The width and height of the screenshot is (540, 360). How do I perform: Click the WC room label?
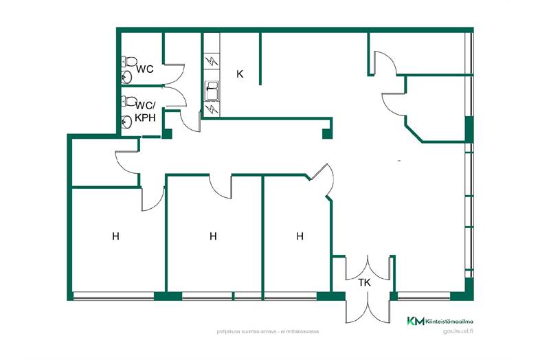pos(145,69)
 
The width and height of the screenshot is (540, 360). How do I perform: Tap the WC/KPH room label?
pos(146,111)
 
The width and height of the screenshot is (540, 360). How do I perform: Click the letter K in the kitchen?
pos(240,74)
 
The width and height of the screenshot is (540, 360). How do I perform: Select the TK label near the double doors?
pos(364,282)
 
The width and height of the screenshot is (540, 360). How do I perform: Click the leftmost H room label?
pos(115,236)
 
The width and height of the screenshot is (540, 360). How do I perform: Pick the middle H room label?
pos(213,236)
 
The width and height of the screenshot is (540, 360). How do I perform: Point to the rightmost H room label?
pos(300,236)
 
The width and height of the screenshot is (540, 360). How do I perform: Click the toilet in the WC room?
pos(129,62)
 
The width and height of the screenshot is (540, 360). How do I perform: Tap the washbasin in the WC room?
pos(126,77)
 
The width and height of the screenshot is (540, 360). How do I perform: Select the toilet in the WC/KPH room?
pos(129,101)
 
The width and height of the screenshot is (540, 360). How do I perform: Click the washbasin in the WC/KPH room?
pos(126,122)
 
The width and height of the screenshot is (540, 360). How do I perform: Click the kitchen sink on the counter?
pos(212,91)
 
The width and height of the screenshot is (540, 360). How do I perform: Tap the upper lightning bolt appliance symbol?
pos(212,62)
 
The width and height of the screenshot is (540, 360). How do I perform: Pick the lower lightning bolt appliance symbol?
pos(212,109)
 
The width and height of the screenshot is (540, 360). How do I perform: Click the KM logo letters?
pos(416,321)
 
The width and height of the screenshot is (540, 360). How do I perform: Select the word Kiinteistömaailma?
pos(449,322)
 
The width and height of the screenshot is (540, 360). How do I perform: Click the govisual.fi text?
pos(458,331)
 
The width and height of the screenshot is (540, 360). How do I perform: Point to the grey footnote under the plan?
pos(267,332)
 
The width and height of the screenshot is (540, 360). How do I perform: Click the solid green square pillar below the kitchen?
pos(327,134)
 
